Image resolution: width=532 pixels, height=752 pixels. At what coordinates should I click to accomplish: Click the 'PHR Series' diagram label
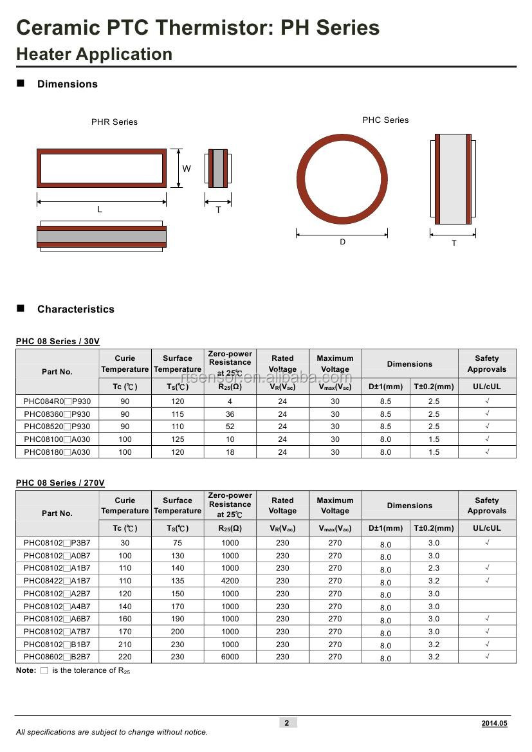point(114,122)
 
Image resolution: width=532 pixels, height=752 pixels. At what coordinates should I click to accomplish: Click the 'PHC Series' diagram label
point(385,120)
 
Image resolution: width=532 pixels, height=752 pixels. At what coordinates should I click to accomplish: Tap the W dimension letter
point(187,169)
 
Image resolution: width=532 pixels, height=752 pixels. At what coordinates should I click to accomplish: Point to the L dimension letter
point(100,210)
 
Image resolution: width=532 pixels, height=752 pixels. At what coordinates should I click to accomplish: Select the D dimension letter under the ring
point(342,242)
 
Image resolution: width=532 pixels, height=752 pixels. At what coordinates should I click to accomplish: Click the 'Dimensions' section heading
point(67,84)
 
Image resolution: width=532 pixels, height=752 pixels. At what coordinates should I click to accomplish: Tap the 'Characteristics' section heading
point(75,309)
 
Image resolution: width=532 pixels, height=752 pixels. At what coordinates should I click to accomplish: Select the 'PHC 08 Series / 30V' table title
point(58,342)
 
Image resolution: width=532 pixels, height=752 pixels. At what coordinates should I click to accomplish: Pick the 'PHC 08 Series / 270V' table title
point(60,483)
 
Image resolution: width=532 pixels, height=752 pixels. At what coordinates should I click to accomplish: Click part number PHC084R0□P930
point(57,401)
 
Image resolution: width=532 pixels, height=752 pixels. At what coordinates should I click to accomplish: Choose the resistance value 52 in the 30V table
point(230,426)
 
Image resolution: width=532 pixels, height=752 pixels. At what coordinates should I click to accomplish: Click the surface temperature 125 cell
point(178,439)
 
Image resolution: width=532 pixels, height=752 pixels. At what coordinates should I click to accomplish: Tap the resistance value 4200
point(230,581)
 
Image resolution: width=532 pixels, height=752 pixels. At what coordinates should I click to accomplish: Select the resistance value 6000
point(230,657)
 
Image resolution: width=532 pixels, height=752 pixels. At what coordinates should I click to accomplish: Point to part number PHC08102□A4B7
point(57,607)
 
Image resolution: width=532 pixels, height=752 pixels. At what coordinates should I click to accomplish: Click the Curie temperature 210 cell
point(125,645)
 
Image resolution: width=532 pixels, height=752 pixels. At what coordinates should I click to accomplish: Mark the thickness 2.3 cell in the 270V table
point(434,568)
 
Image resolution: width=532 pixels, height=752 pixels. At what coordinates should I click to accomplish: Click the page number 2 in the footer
point(287,723)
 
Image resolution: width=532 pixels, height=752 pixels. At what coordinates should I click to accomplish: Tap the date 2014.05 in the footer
point(494,724)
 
